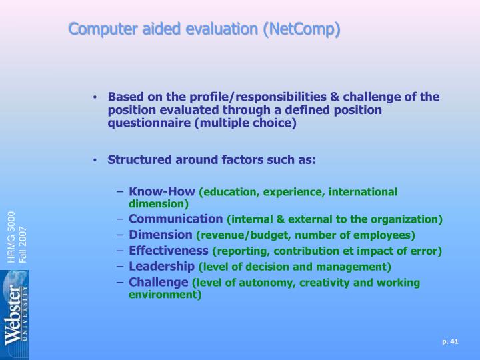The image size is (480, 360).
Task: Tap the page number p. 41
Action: click(451, 342)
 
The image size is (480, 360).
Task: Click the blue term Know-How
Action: click(161, 192)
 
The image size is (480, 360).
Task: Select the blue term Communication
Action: click(176, 219)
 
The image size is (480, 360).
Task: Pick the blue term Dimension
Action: click(160, 235)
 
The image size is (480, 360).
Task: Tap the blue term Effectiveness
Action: click(169, 251)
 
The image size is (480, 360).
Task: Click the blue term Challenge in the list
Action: click(159, 283)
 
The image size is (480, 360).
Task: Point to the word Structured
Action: click(137, 160)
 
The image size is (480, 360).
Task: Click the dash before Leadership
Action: click(121, 267)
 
